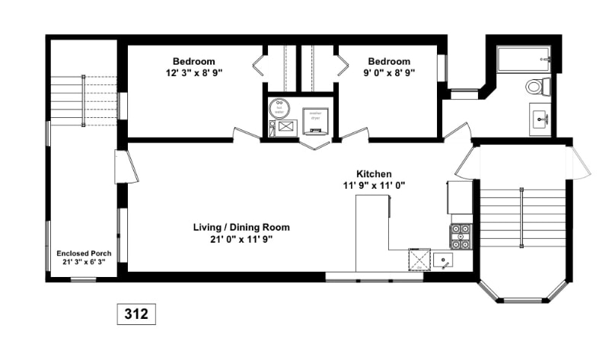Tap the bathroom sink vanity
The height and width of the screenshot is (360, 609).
coord(542,119)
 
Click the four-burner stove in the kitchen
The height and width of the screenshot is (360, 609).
coord(461,237)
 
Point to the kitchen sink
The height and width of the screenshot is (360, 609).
coord(444,260)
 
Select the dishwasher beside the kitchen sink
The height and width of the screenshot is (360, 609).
coord(419,260)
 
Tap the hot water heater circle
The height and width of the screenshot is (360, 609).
coord(279,108)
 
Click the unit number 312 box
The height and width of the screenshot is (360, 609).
coord(136,313)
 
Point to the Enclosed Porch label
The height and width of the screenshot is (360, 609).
coord(84,253)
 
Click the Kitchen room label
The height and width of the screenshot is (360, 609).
coord(374,174)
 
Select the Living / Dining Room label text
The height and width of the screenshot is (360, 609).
coord(241,227)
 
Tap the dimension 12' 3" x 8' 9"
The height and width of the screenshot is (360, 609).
coord(193,73)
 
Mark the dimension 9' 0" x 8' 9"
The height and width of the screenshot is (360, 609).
coord(389,73)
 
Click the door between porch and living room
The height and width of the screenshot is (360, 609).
coord(126,167)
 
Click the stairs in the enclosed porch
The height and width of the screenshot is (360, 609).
coord(84,99)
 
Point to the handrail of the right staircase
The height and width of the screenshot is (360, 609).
coord(521,218)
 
